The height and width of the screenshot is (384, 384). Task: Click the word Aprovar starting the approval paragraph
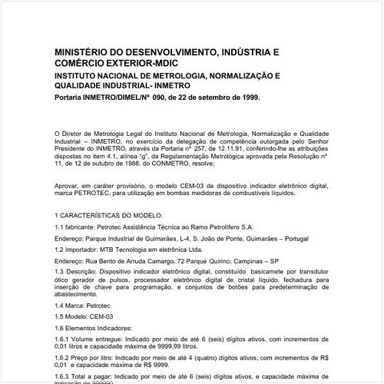tap(70, 187)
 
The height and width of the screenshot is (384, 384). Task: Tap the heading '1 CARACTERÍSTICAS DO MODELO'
tap(108, 217)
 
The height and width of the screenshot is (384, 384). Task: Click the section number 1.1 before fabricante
tap(61, 227)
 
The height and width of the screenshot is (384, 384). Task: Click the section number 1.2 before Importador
tap(61, 250)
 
